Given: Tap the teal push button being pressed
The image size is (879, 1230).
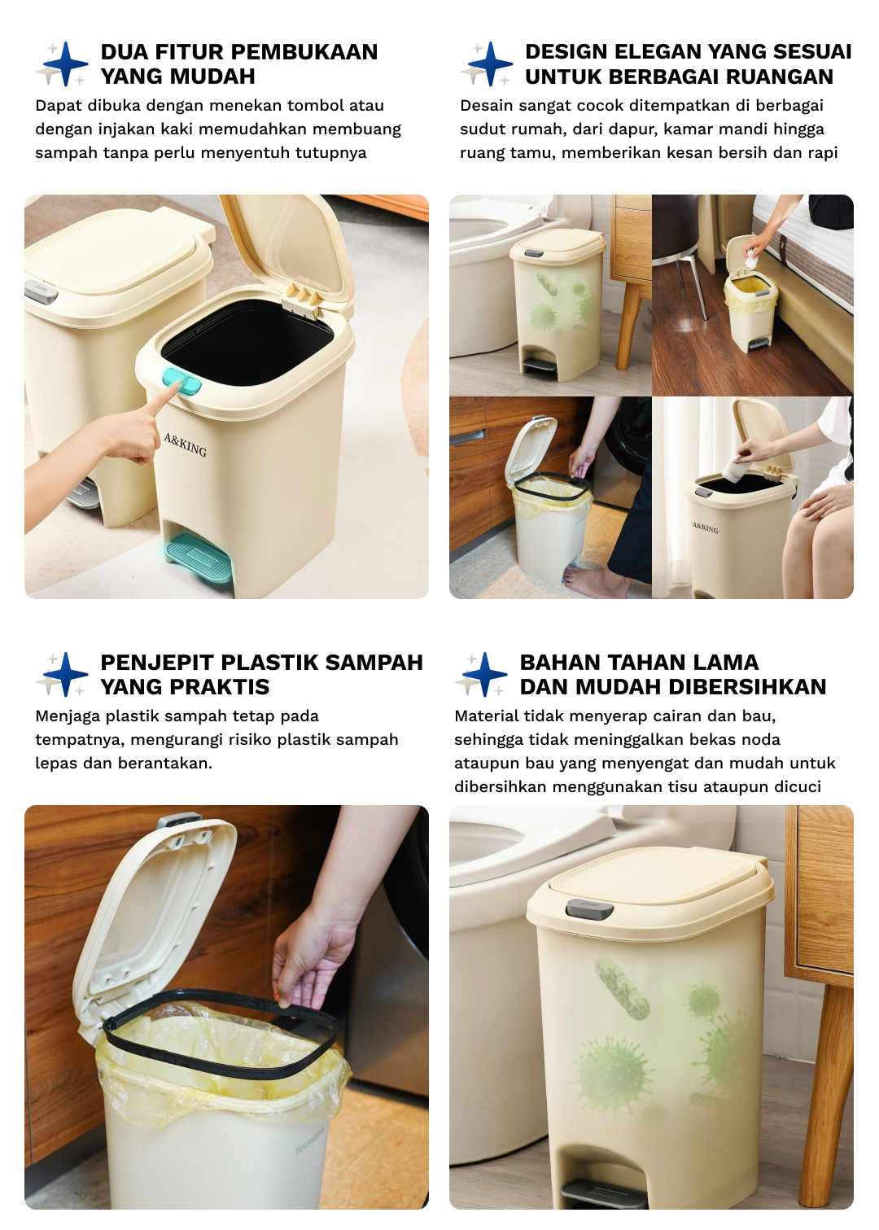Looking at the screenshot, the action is [x=181, y=380].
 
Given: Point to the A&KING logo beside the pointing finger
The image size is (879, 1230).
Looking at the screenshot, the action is [x=185, y=444].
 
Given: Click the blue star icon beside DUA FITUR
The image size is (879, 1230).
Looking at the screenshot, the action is [x=65, y=63].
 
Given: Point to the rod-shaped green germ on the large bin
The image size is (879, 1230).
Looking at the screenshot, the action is [x=622, y=989].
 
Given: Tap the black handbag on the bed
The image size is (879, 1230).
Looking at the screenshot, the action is [x=830, y=211].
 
